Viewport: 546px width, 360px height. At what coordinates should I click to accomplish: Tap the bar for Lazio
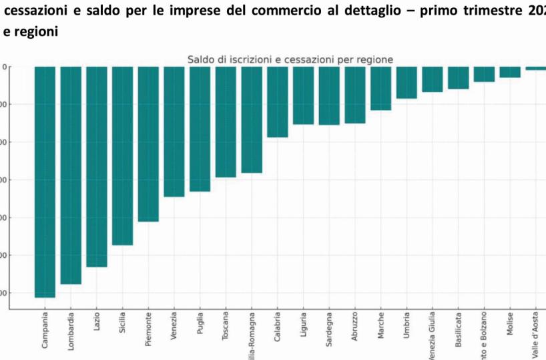97,166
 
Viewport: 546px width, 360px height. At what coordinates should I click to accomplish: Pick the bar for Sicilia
122,156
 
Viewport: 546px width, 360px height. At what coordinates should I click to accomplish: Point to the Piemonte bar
148,144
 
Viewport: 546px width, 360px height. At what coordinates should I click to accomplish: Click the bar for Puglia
200,129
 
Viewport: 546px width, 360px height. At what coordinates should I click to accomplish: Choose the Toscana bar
226,122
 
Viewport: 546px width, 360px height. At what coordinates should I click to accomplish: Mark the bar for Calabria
277,102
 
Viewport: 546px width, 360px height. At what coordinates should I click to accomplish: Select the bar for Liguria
303,96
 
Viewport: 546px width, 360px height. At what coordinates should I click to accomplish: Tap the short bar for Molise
510,72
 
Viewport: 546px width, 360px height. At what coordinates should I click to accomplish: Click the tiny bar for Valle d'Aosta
535,68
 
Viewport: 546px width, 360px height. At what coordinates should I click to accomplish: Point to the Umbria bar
406,82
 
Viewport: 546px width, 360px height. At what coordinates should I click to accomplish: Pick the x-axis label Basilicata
459,330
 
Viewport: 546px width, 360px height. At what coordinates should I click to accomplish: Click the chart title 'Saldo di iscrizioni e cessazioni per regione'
290,59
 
